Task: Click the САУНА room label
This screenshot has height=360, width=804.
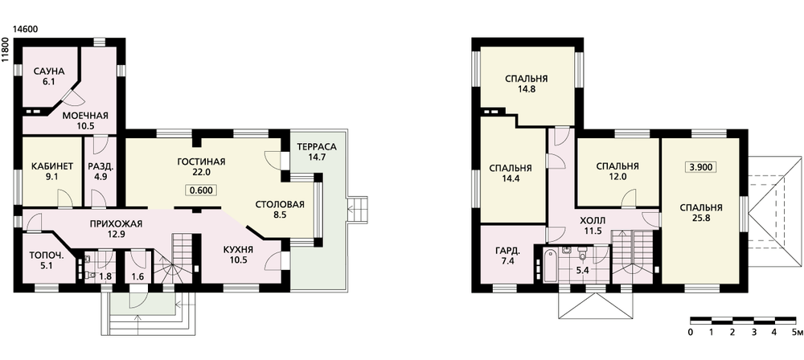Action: (x=49, y=72)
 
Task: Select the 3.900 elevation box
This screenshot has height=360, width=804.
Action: (x=701, y=167)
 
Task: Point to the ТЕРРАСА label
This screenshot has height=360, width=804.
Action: (x=316, y=147)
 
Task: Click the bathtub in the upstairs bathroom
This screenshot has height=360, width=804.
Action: (x=547, y=265)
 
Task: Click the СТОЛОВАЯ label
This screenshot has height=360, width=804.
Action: (x=280, y=205)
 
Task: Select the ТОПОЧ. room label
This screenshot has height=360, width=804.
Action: (x=43, y=255)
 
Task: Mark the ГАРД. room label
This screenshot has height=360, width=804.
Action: (x=507, y=252)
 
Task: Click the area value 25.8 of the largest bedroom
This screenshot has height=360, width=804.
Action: (x=701, y=218)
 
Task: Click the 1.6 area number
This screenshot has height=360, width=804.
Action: (x=138, y=277)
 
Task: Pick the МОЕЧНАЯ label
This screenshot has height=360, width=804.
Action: (x=85, y=116)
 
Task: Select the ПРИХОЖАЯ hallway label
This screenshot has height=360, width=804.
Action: (x=115, y=223)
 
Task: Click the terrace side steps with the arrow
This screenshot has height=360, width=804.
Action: (x=357, y=208)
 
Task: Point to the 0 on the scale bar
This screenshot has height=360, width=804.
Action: (x=691, y=333)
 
